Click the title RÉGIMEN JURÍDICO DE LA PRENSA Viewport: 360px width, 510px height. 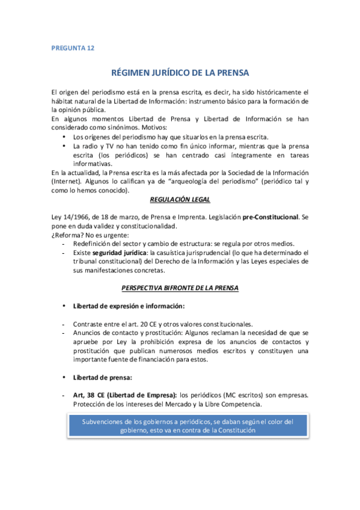click(x=180, y=73)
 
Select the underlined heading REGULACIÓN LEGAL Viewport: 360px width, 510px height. click(x=180, y=199)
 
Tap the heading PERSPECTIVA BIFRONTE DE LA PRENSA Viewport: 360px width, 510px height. click(x=180, y=288)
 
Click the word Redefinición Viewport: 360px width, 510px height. click(x=97, y=244)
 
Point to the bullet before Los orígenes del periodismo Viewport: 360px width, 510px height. click(x=64, y=137)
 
